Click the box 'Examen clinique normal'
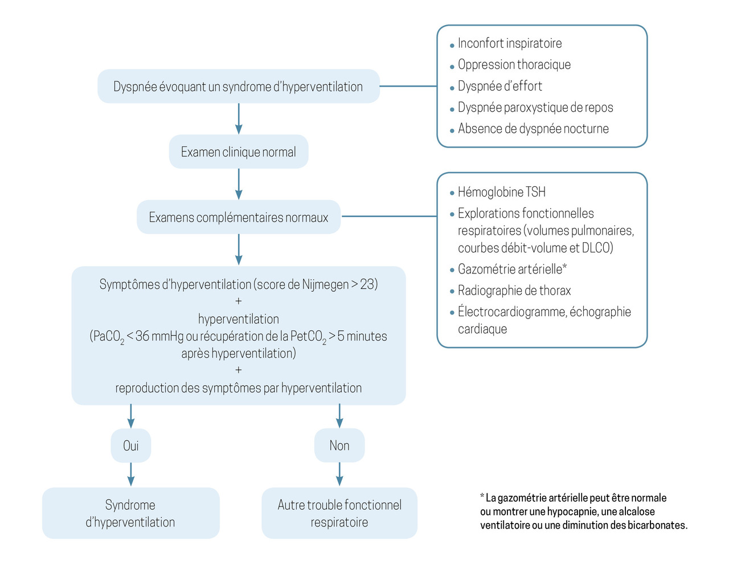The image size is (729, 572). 239,152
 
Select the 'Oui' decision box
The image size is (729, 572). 131,446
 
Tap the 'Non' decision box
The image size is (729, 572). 339,446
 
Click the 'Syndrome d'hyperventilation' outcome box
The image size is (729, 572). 130,513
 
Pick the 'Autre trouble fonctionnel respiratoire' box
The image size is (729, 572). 339,513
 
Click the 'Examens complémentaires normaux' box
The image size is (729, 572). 239,217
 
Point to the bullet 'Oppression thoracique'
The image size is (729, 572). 514,65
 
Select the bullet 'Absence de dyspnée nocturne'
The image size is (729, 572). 533,129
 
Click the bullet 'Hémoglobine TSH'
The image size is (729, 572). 501,193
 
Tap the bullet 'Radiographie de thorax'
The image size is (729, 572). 514,291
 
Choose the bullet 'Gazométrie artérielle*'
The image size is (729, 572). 512,269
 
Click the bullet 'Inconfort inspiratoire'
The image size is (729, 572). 509,43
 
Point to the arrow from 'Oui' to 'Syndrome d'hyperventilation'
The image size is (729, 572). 131,474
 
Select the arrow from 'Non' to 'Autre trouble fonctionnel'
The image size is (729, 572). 339,474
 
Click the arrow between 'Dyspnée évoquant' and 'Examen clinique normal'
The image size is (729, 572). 239,119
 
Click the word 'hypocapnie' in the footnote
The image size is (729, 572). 572,512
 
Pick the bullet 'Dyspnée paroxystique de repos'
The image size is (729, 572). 535,108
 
